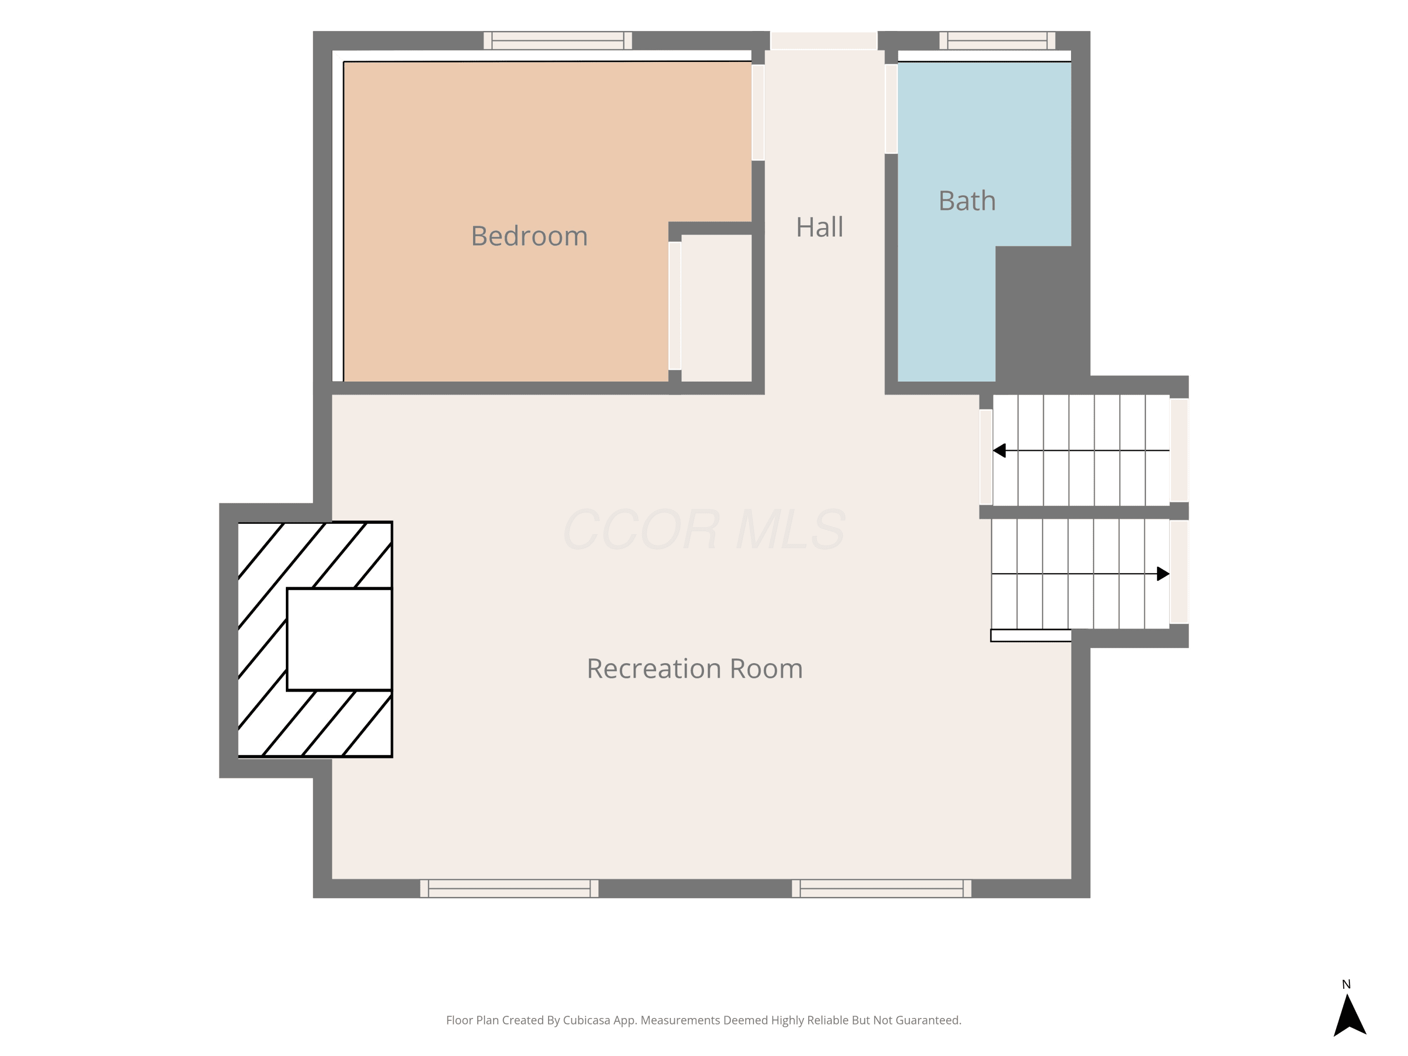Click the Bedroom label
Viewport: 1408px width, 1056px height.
click(529, 236)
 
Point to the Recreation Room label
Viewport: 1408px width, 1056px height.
click(695, 668)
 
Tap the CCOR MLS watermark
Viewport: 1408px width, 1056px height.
click(704, 529)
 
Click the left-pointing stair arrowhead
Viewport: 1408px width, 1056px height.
click(999, 451)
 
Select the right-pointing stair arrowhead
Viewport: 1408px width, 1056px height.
click(1163, 574)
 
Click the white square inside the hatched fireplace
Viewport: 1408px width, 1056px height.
click(339, 639)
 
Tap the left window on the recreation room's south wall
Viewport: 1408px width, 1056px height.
click(509, 888)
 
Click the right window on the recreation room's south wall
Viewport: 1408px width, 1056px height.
click(881, 888)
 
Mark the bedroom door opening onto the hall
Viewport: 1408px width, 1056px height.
click(758, 113)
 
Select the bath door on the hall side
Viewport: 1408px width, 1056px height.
click(891, 109)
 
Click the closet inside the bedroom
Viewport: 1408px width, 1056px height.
click(717, 308)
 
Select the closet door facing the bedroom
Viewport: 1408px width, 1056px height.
click(675, 306)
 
